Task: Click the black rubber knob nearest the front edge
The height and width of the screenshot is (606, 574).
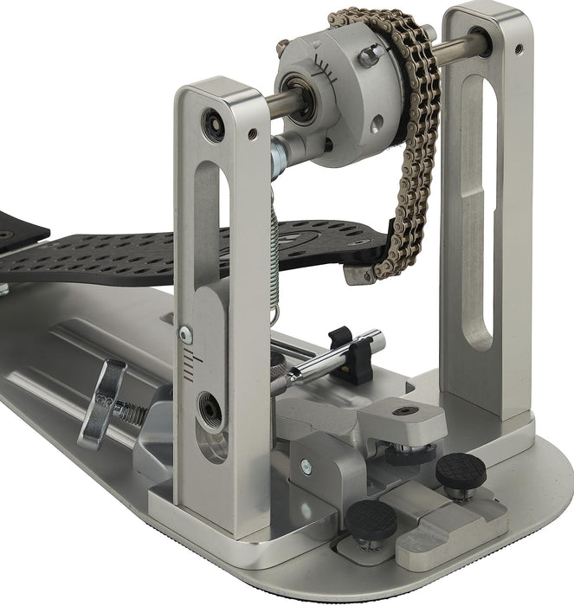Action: pyautogui.click(x=371, y=519)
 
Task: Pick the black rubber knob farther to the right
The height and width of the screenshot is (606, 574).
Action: pyautogui.click(x=459, y=470)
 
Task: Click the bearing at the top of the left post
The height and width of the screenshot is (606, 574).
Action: pyautogui.click(x=213, y=118)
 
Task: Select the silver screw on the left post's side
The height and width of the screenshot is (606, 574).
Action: pyautogui.click(x=184, y=332)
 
